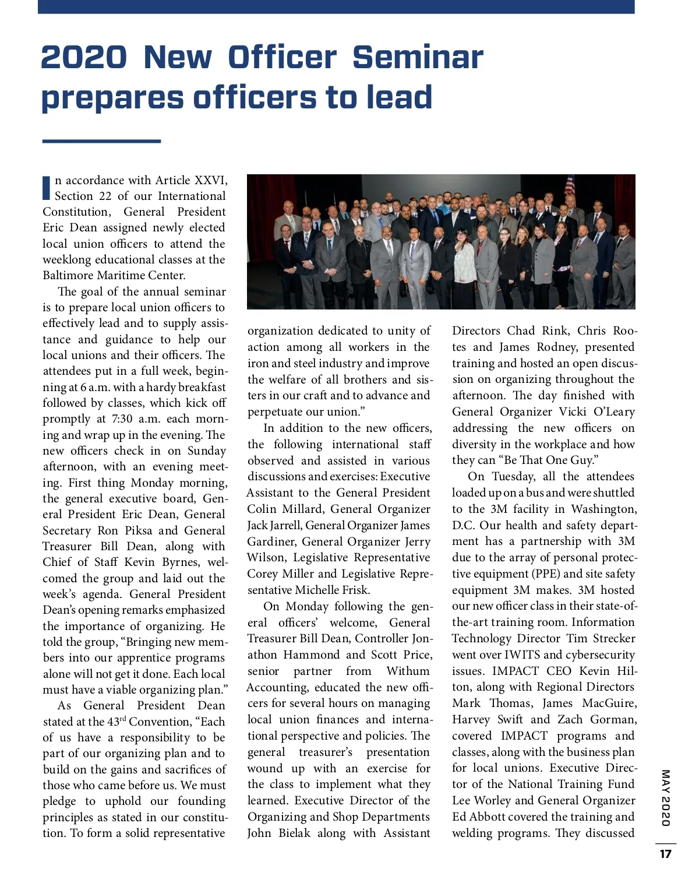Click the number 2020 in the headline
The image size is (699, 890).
[x=84, y=57]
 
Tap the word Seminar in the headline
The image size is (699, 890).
[x=418, y=57]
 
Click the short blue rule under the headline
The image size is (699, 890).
[x=101, y=141]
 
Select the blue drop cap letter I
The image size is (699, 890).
[x=47, y=187]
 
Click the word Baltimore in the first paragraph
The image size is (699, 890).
[x=69, y=275]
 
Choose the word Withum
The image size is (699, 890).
[x=408, y=671]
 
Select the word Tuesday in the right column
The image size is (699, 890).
[x=513, y=476]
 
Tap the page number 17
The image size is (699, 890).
[x=665, y=854]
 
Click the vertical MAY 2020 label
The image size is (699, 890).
[x=665, y=797]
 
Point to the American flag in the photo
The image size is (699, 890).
[x=569, y=185]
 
